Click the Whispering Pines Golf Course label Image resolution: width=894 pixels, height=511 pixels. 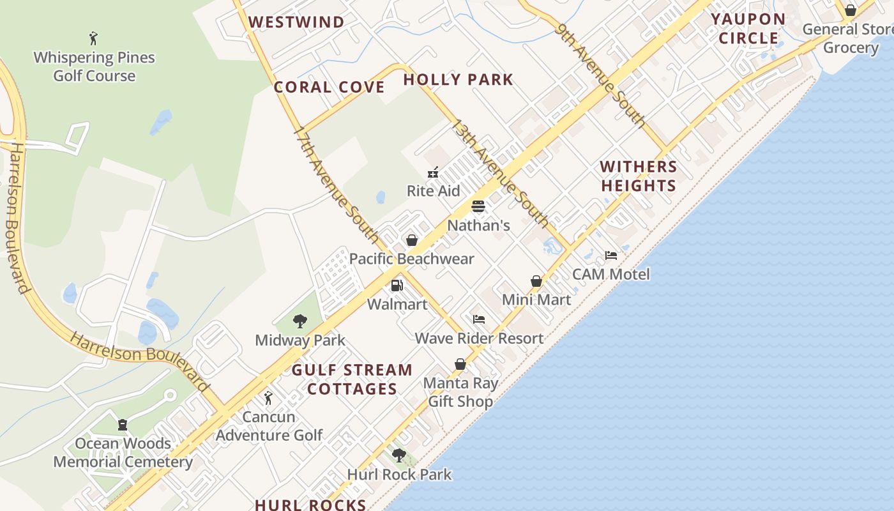click(x=94, y=66)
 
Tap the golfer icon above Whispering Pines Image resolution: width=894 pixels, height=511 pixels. click(x=94, y=38)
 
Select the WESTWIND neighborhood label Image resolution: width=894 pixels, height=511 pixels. click(x=296, y=22)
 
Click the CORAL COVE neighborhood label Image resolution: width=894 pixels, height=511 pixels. click(x=329, y=88)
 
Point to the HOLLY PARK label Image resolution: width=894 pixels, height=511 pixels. click(x=458, y=80)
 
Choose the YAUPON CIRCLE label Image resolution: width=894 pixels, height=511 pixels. click(x=748, y=29)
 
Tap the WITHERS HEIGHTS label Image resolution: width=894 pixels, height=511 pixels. click(x=638, y=176)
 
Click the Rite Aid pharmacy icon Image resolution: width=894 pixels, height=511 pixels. click(x=433, y=172)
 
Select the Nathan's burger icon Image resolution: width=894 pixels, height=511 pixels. click(x=478, y=206)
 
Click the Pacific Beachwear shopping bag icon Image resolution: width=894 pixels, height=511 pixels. click(x=412, y=240)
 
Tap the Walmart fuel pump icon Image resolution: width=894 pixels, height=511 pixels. click(x=397, y=286)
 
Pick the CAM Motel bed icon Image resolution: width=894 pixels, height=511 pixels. click(x=611, y=256)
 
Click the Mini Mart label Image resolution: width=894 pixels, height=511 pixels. click(x=536, y=300)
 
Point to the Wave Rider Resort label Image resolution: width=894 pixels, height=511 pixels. click(x=479, y=338)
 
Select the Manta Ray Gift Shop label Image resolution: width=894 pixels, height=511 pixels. click(x=460, y=392)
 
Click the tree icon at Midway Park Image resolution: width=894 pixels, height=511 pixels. click(x=299, y=321)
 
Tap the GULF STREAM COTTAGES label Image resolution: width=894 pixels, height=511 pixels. click(x=352, y=379)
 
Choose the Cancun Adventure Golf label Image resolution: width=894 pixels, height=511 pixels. click(x=269, y=426)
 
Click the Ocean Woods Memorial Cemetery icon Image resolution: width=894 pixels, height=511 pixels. click(x=123, y=425)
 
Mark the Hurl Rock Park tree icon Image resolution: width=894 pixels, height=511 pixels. click(x=399, y=455)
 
